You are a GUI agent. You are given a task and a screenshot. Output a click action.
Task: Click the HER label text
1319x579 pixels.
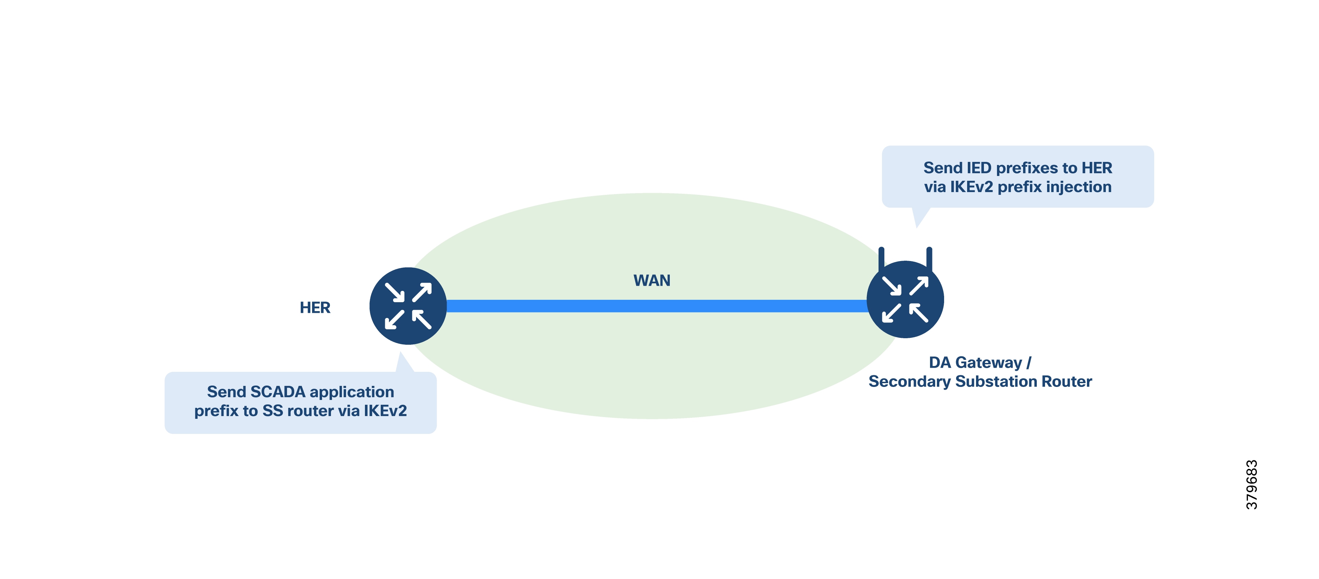(x=315, y=307)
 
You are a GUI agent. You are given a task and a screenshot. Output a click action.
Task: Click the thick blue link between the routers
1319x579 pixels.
(x=655, y=306)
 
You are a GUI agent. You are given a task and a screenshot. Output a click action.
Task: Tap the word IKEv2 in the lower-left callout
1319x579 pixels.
(x=385, y=411)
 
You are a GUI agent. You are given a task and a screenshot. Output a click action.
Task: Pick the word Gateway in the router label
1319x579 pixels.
(x=988, y=362)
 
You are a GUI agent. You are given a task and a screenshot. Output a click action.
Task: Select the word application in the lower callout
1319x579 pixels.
(x=352, y=392)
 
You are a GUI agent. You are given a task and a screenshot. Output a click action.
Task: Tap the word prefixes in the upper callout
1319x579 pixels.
(x=1026, y=168)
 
